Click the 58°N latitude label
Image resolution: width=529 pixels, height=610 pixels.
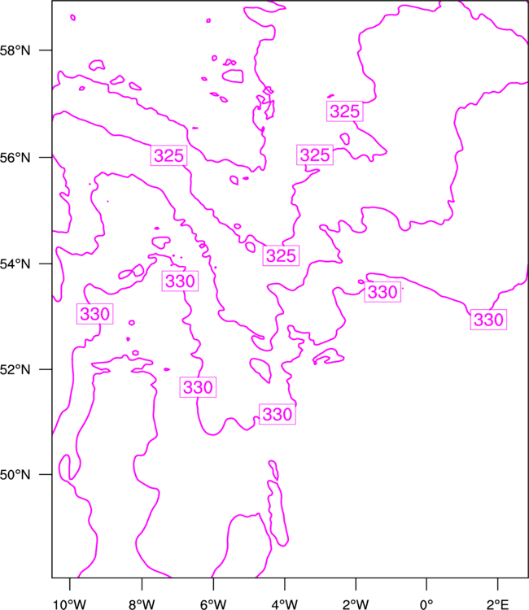pyautogui.click(x=15, y=50)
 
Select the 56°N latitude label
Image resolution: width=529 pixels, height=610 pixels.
pyautogui.click(x=15, y=158)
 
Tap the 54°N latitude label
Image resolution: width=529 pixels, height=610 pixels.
pyautogui.click(x=15, y=264)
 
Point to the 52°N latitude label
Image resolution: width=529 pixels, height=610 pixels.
pyautogui.click(x=15, y=369)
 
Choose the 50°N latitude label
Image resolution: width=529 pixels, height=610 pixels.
pyautogui.click(x=15, y=475)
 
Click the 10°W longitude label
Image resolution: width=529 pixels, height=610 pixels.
pyautogui.click(x=69, y=604)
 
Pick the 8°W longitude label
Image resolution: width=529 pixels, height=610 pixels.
pyautogui.click(x=142, y=604)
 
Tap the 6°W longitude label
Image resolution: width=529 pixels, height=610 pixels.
pyautogui.click(x=213, y=604)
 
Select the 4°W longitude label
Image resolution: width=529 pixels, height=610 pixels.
pyautogui.click(x=285, y=604)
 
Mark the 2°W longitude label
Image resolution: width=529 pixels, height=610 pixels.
pyautogui.click(x=356, y=604)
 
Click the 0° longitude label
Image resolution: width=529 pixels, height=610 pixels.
pyautogui.click(x=426, y=604)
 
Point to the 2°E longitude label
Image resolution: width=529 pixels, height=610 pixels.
pyautogui.click(x=497, y=604)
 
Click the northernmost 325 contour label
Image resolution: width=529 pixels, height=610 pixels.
pyautogui.click(x=345, y=111)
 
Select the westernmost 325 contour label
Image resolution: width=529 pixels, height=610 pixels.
pyautogui.click(x=168, y=155)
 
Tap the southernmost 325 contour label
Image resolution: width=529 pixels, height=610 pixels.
pyautogui.click(x=281, y=255)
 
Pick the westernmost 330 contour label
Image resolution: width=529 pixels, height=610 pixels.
pyautogui.click(x=94, y=314)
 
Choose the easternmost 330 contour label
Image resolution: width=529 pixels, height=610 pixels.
pyautogui.click(x=488, y=320)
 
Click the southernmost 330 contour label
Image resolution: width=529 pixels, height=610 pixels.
pyautogui.click(x=278, y=414)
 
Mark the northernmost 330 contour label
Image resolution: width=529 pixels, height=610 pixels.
pyautogui.click(x=180, y=281)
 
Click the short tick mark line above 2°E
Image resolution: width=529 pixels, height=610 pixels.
pyautogui.click(x=497, y=584)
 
